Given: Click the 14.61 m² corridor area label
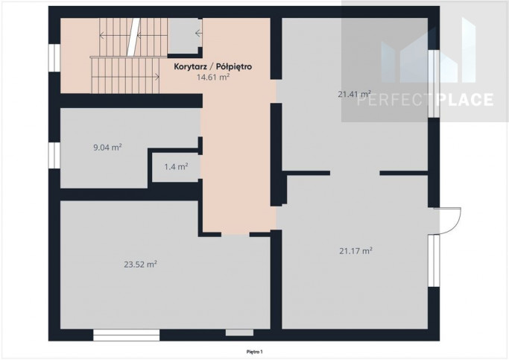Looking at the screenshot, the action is (x=213, y=78).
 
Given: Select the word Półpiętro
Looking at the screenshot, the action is (x=234, y=66).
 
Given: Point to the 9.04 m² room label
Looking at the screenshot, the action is (x=107, y=148).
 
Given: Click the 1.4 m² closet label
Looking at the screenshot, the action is (x=176, y=167).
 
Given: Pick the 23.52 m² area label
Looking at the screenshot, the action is (x=140, y=265).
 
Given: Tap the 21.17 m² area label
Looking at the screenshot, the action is (x=355, y=251).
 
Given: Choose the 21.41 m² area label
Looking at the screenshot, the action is (x=354, y=94).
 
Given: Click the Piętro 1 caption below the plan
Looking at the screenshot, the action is (x=255, y=352).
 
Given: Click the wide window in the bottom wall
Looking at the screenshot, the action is (x=126, y=335).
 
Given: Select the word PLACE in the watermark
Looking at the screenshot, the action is (x=465, y=100).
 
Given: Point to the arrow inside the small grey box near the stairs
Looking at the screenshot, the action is (x=199, y=33).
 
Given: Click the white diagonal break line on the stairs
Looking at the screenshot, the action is (x=133, y=37).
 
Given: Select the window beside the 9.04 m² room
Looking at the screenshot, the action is (x=54, y=156).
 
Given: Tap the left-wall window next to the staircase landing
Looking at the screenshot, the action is (x=54, y=57).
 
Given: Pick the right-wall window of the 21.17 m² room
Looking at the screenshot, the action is (x=434, y=261).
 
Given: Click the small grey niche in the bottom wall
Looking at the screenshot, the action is (x=239, y=332).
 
